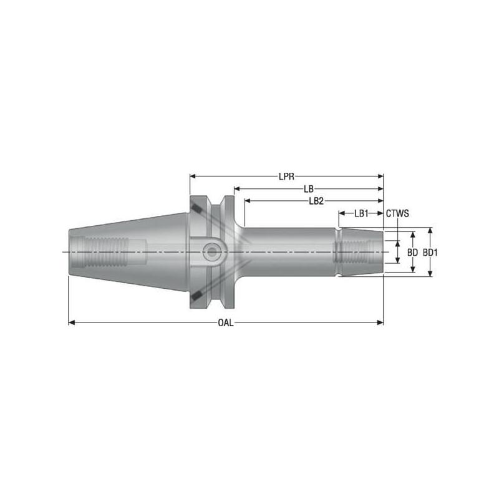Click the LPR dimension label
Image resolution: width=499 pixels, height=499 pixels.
(287, 177)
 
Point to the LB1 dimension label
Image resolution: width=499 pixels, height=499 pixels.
(361, 213)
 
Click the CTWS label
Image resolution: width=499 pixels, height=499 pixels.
(397, 213)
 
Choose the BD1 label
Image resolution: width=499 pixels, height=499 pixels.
(430, 253)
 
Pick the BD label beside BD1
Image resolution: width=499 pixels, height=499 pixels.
(412, 253)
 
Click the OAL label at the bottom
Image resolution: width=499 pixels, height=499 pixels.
(225, 322)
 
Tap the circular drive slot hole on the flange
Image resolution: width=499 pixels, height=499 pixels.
(213, 251)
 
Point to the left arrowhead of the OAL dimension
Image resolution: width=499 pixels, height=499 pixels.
(71, 322)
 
